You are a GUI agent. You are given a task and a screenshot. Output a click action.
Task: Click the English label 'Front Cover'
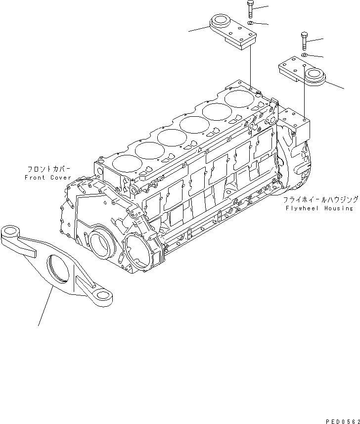(47, 177)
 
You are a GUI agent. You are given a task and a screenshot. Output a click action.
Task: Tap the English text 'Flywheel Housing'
(319, 208)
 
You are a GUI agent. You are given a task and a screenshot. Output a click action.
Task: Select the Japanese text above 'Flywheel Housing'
(320, 200)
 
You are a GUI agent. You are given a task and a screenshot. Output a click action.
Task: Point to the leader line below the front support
(45, 307)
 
